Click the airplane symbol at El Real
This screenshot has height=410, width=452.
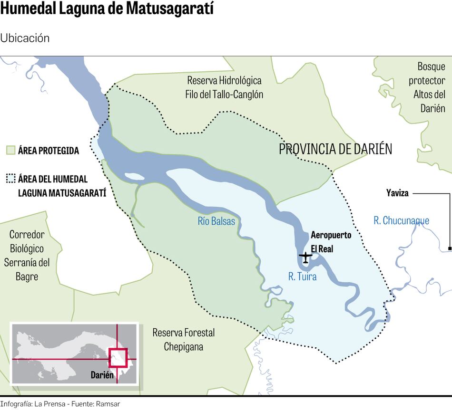305,257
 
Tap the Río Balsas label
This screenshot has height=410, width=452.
216,221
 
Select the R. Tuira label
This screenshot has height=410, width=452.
302,276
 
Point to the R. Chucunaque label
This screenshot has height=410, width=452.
401,220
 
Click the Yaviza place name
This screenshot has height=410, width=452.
397,193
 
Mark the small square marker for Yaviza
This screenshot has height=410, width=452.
450,248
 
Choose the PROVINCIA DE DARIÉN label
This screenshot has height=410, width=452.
335,149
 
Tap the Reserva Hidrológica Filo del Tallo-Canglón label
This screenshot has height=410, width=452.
224,87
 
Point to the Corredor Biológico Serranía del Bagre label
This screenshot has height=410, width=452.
27,255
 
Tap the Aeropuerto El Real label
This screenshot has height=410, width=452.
331,241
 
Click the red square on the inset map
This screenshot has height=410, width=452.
118,358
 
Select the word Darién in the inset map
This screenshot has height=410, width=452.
102,375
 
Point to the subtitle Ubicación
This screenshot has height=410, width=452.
25,38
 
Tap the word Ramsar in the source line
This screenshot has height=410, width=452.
108,404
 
